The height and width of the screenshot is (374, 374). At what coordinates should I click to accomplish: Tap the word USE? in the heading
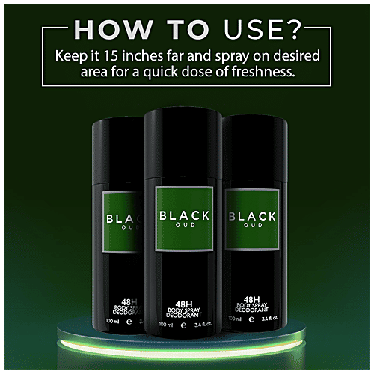pyautogui.click(x=265, y=31)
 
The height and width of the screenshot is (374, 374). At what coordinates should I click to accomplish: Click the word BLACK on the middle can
pyautogui.click(x=186, y=215)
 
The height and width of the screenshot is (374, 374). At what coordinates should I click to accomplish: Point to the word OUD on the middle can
pyautogui.click(x=186, y=227)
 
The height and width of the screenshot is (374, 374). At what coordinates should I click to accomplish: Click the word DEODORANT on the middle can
pyautogui.click(x=186, y=317)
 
